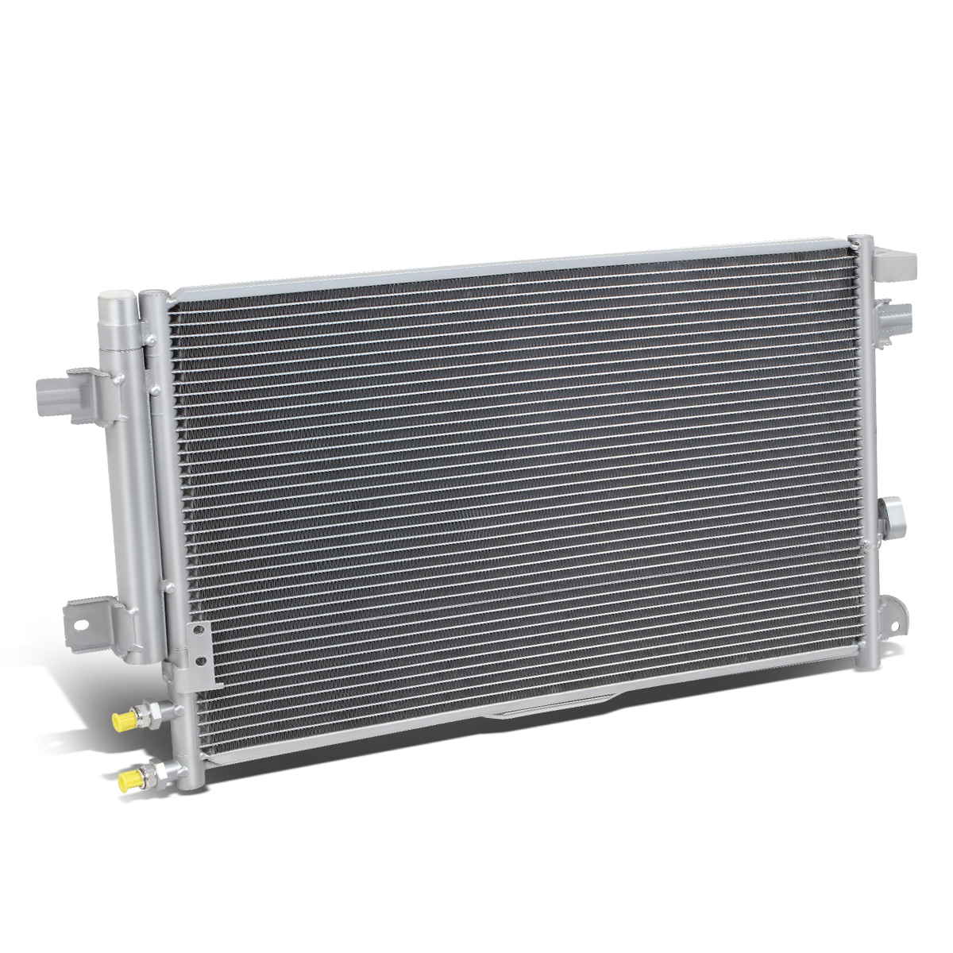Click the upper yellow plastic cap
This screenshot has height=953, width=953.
[123, 721]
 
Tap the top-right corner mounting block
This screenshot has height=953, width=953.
[897, 261]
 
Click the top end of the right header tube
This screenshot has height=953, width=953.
[860, 241]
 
